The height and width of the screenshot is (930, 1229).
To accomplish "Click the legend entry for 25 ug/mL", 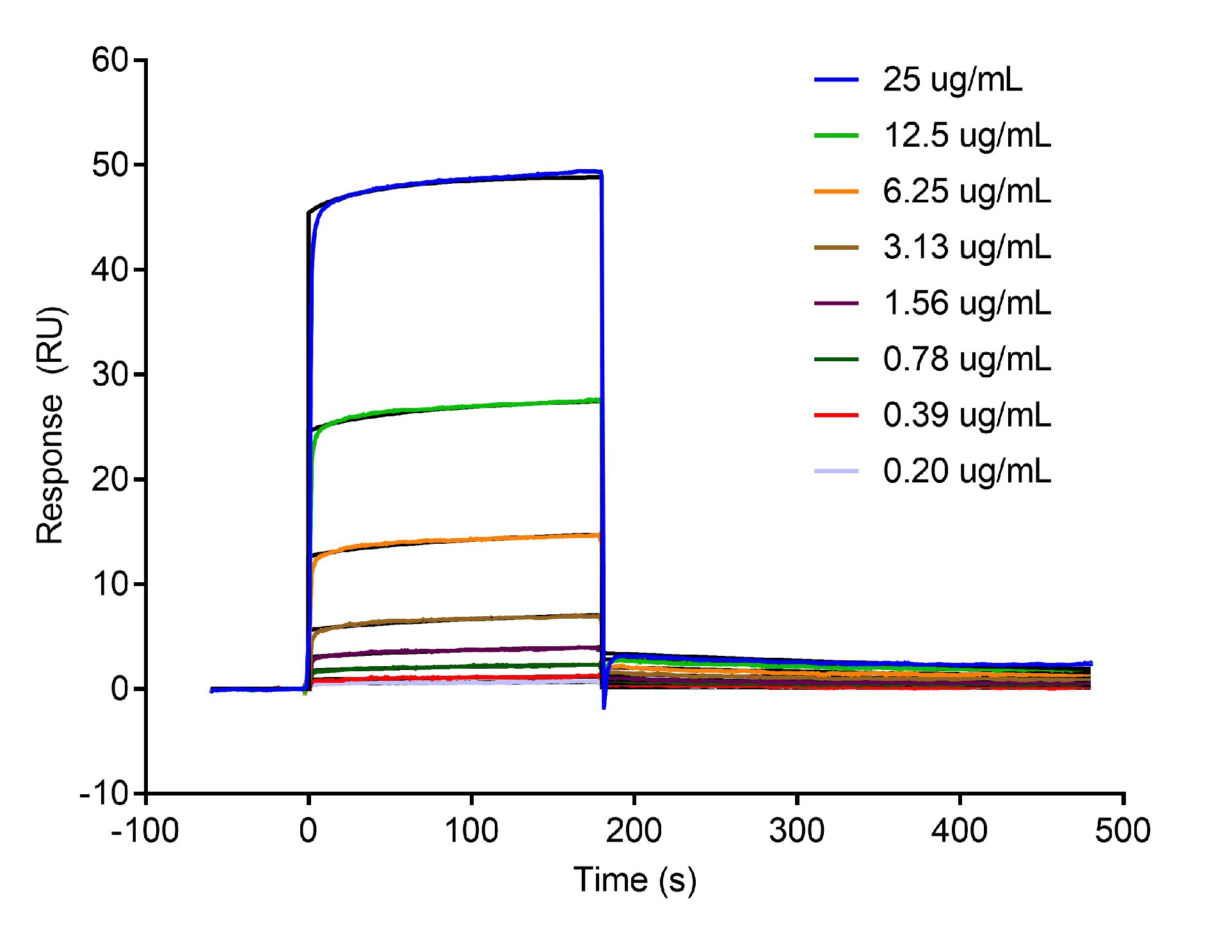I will point(952,80).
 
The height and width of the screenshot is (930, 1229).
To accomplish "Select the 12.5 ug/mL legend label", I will point(967,136).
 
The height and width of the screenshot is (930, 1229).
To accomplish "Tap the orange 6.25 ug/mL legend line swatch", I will point(836,192).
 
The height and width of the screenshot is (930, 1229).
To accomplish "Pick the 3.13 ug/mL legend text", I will point(967,247).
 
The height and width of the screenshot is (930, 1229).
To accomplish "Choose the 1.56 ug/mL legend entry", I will point(967,303).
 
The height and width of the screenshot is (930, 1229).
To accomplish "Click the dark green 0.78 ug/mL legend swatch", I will point(836,359).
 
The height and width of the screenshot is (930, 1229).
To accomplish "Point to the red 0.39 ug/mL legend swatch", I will point(836,415).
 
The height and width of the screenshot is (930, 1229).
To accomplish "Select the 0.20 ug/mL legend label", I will point(967,471).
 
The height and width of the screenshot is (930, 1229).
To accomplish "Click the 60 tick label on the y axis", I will point(110,60).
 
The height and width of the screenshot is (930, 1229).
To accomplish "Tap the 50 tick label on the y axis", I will point(110,165).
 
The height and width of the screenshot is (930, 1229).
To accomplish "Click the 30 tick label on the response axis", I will point(110,375).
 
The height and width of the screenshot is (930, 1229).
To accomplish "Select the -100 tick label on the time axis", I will point(145,831).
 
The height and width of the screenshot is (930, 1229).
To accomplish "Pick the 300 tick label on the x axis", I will point(797,831).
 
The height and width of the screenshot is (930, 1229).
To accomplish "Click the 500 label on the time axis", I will point(1123,831).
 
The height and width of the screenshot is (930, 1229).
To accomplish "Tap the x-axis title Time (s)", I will point(634,879).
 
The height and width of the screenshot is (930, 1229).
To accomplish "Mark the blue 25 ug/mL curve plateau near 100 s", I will point(472,179).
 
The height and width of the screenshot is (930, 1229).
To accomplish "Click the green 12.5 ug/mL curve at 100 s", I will point(472,406).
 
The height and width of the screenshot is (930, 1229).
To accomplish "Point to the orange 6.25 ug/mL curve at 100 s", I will point(472,539).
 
